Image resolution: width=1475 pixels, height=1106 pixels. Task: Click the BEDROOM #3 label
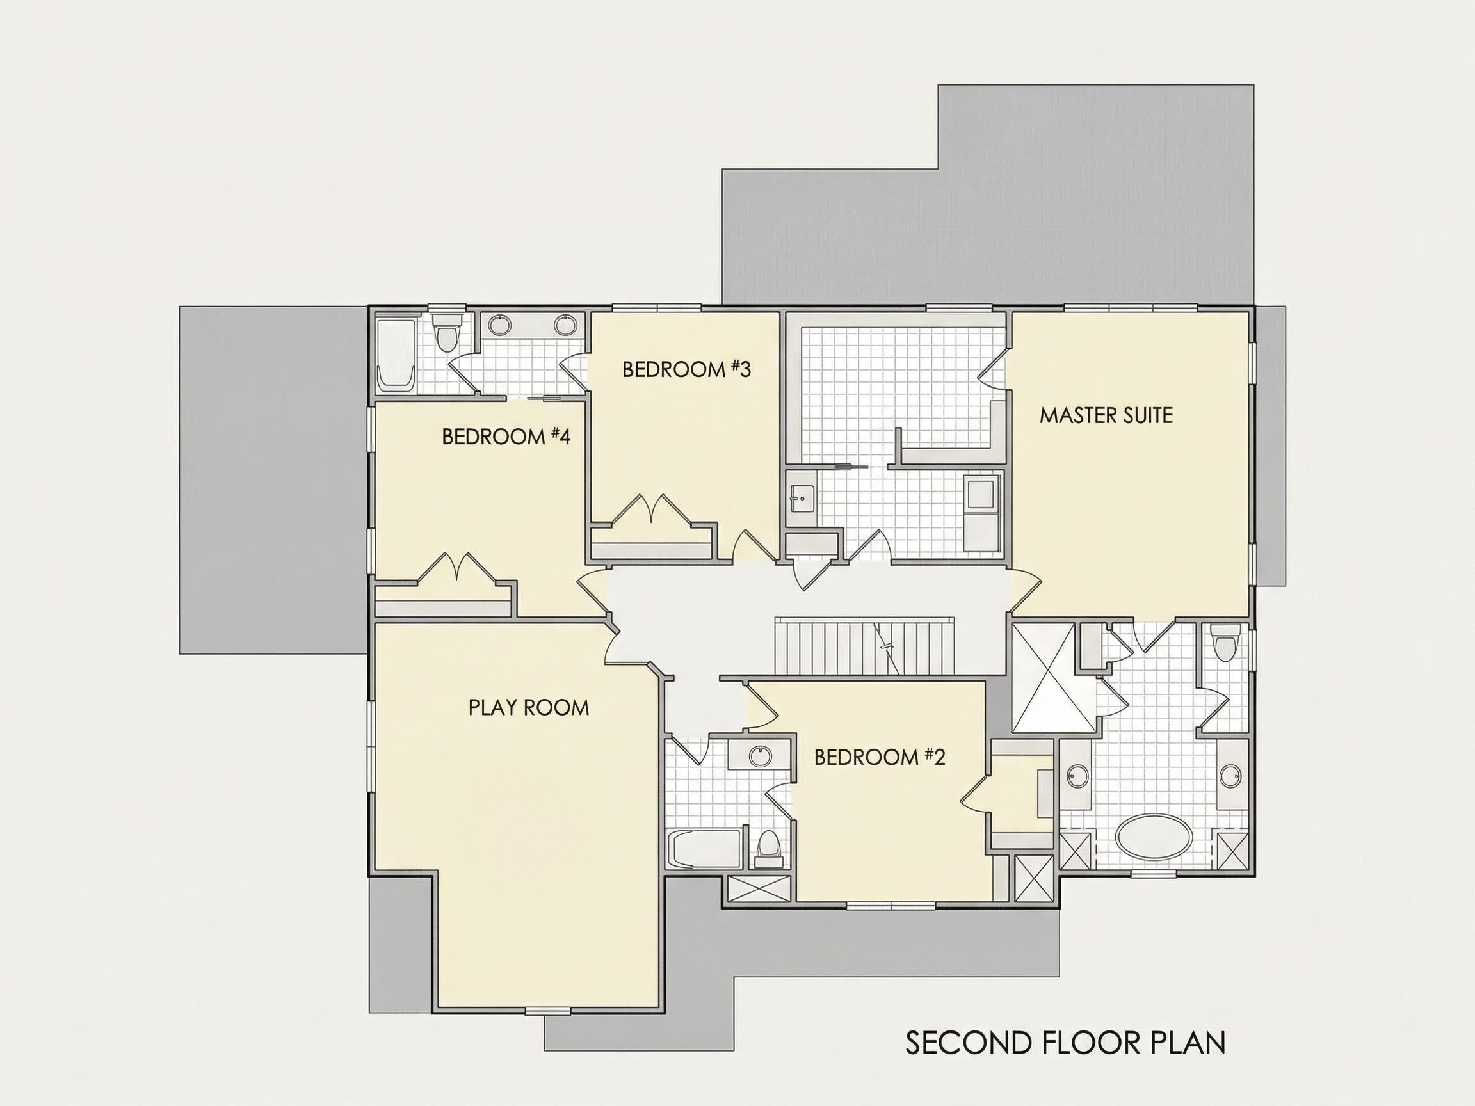point(686,369)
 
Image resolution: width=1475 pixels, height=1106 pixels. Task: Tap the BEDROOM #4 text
point(506,437)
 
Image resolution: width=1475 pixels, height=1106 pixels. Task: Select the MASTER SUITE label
point(1106,415)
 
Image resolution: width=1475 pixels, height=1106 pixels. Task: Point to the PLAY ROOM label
point(529,707)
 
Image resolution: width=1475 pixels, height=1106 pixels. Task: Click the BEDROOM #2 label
point(880,757)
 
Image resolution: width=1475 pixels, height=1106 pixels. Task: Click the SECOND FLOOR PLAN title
point(1065,1043)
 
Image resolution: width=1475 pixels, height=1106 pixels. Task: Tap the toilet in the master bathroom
point(1224,643)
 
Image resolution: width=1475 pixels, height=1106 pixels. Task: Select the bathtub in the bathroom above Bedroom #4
point(396,355)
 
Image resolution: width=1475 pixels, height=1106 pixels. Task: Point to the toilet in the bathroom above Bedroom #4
point(446,332)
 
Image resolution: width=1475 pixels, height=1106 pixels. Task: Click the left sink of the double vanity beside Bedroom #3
point(499,325)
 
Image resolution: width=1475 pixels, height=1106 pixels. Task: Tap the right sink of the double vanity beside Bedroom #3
point(565,325)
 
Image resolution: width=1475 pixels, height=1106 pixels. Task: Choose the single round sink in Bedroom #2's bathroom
point(759,756)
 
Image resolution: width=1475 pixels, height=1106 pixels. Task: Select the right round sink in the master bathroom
point(1231,776)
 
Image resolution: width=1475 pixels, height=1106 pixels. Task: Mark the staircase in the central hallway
point(866,646)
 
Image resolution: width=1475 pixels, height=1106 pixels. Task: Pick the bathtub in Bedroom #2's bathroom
point(704,849)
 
